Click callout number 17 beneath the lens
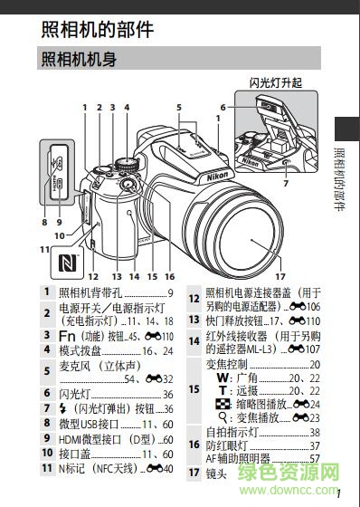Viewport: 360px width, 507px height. pos(279,275)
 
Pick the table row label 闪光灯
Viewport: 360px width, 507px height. pos(77,395)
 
